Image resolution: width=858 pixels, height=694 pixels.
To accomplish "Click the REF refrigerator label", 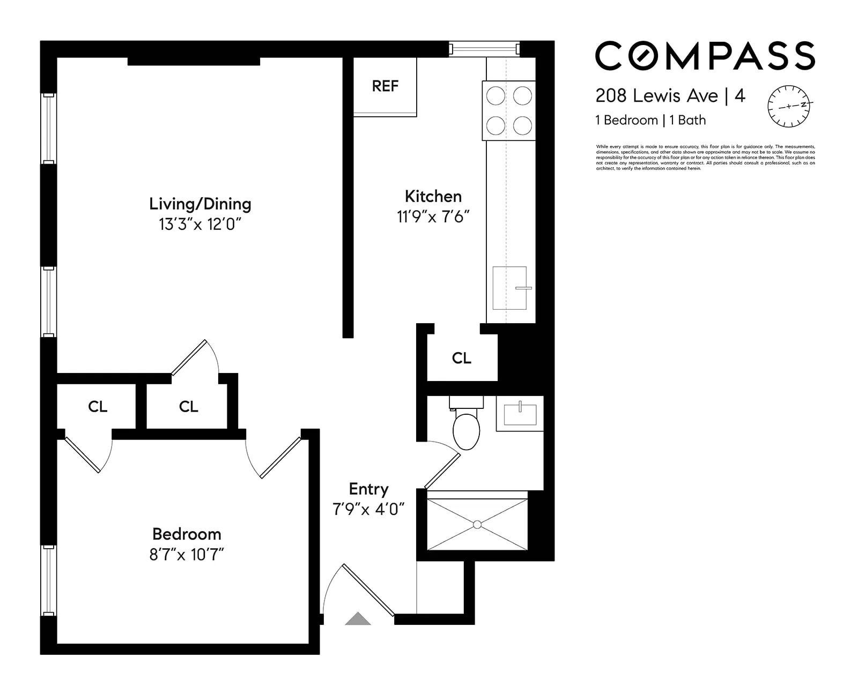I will click(385, 86).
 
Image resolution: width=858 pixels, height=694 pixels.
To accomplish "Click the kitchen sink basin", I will click(509, 288).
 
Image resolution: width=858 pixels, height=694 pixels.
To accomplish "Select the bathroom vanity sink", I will click(520, 414).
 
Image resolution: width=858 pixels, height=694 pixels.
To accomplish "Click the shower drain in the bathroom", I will click(477, 525).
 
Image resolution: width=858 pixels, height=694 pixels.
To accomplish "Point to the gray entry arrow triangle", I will click(358, 619).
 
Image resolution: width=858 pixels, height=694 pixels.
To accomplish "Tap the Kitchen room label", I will click(433, 196).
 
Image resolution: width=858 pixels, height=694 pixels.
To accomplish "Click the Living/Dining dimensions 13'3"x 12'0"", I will click(199, 224).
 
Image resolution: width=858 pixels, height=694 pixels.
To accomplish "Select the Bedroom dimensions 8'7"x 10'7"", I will click(186, 554).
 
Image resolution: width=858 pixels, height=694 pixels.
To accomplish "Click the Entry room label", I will click(368, 489).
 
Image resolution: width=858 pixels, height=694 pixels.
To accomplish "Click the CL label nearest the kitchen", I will click(461, 358).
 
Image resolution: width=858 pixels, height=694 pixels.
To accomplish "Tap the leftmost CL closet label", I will click(98, 407).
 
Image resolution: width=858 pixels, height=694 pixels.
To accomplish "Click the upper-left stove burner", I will click(495, 96).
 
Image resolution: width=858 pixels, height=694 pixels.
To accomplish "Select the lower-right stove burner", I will click(522, 125).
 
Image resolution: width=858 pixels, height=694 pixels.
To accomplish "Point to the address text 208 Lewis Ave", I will click(656, 96).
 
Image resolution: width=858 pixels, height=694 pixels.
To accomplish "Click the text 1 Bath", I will click(687, 120).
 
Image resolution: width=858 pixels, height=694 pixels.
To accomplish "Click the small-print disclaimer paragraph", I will click(705, 158).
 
